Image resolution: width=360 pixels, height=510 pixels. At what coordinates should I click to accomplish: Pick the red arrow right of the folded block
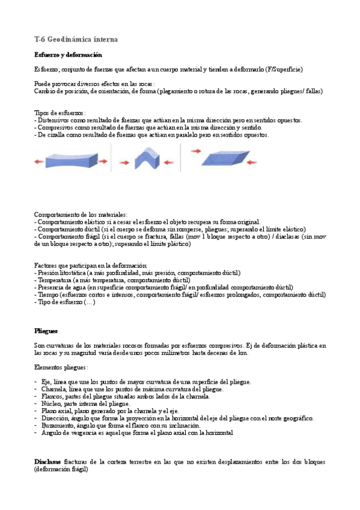pos(169,162)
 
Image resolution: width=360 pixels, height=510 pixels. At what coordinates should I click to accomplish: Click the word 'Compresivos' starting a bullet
pos(55,127)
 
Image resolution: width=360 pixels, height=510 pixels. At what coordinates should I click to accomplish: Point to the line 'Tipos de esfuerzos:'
pos(60,112)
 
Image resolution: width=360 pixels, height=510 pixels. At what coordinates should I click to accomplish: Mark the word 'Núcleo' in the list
pos(51,404)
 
